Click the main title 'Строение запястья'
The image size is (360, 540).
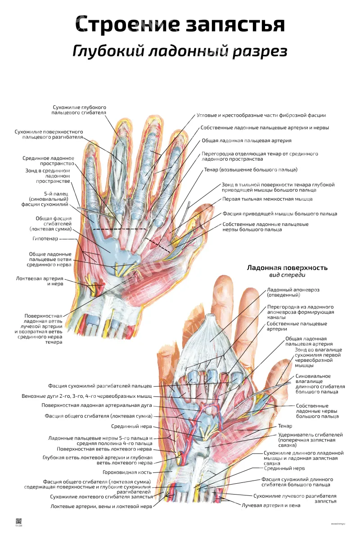click(180, 24)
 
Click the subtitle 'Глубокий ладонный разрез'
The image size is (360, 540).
click(180, 51)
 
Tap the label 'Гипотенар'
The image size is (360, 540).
click(45, 238)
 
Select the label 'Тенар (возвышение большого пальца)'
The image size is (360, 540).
click(251, 170)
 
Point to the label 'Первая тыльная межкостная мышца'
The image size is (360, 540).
click(267, 199)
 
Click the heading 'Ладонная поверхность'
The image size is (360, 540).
click(287, 268)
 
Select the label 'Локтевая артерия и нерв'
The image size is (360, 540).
click(40, 281)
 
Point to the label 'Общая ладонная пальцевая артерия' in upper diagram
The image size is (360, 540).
click(247, 140)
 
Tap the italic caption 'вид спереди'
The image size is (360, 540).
click(287, 275)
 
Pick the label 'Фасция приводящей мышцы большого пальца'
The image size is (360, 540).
click(280, 214)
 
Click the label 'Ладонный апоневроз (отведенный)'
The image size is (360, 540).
click(293, 292)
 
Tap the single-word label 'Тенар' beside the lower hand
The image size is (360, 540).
click(285, 426)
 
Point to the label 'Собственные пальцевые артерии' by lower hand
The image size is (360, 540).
click(297, 326)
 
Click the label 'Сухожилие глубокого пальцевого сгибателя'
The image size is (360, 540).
click(79, 110)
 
